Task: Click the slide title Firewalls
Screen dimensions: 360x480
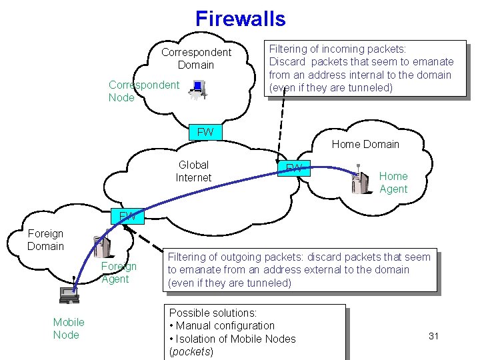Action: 240,18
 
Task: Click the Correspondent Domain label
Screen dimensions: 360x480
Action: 196,59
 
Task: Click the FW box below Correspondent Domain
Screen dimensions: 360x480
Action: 205,132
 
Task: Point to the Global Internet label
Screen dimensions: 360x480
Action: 193,171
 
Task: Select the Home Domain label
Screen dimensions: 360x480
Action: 365,144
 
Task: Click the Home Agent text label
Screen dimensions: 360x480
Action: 393,183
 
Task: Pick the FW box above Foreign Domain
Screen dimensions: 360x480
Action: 127,216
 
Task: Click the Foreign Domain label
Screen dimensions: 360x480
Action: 45,240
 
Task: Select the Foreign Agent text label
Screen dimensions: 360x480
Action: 119,273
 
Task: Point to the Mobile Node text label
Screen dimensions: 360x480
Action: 69,329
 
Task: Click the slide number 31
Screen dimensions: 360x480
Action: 433,336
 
